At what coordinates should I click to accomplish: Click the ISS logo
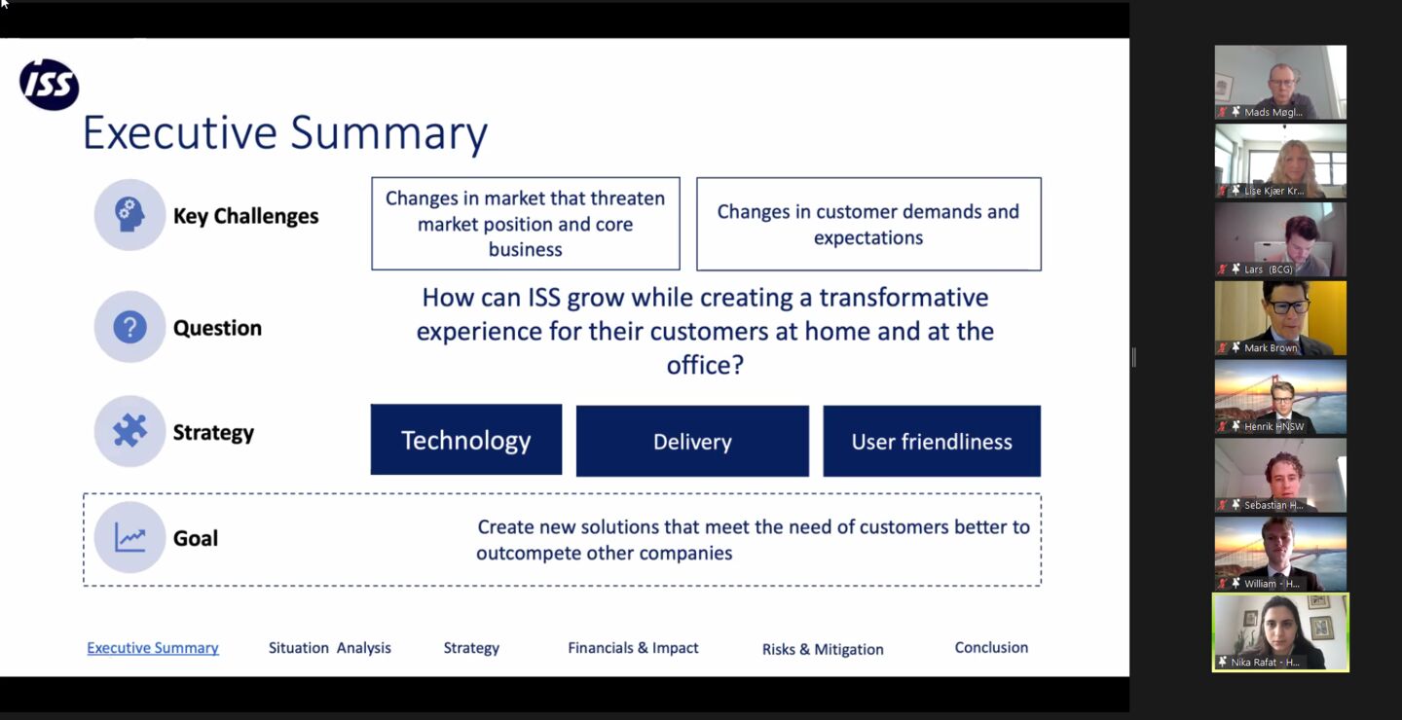50,85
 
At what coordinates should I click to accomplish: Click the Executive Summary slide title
284,132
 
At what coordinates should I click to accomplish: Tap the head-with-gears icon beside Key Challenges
129,215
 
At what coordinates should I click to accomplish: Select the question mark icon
129,327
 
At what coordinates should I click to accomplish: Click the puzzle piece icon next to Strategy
129,431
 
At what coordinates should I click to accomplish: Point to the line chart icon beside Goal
129,537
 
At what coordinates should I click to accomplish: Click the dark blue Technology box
466,440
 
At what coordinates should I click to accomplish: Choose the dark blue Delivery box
692,441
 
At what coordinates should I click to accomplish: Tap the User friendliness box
932,441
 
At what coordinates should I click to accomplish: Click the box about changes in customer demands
868,224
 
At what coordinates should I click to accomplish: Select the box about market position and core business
526,224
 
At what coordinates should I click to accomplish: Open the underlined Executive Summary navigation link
153,648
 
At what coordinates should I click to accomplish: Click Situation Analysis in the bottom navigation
330,648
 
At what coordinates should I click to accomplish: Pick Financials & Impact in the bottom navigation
633,648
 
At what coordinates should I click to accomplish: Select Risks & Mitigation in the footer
823,649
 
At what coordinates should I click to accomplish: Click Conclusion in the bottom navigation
991,647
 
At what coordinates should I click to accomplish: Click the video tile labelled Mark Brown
1280,318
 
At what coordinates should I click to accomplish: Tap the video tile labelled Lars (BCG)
1280,239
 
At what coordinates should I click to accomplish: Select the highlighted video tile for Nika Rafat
1280,632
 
